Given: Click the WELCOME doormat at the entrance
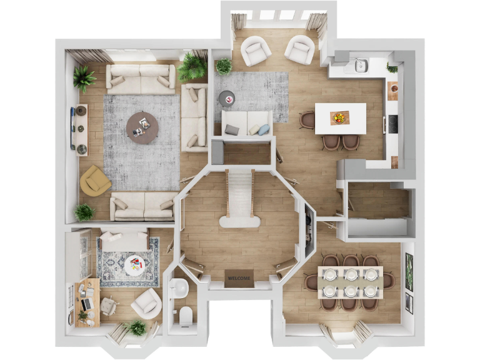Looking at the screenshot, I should click(239, 278).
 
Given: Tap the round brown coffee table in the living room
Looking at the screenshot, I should click(142, 127).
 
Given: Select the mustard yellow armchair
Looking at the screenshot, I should click(94, 181).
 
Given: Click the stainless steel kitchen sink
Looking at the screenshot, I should click(361, 66).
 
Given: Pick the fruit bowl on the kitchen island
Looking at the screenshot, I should click(340, 117).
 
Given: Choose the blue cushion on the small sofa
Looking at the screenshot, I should click(263, 129).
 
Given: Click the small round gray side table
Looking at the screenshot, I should click(226, 97).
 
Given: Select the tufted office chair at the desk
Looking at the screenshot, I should click(109, 305).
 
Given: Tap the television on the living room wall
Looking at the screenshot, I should click(72, 128).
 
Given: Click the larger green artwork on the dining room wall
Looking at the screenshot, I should click(409, 272).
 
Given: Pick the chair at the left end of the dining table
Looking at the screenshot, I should click(311, 282).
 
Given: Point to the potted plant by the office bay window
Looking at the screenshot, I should click(136, 327).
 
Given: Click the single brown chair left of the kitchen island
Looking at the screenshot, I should click(307, 119).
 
